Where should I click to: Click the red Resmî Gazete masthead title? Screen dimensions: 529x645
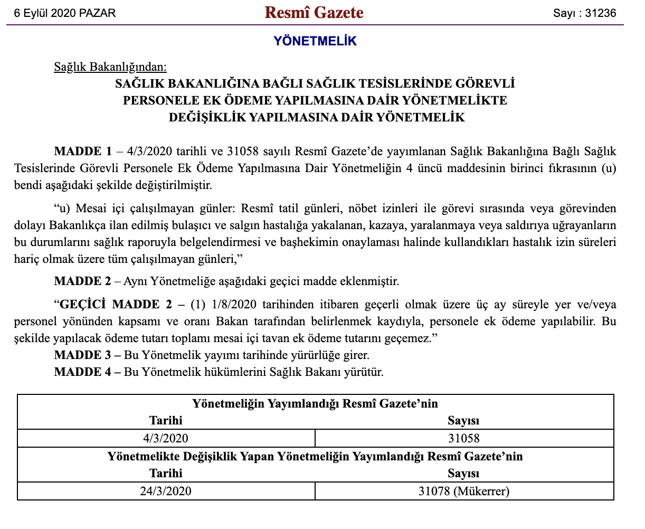pos(314,13)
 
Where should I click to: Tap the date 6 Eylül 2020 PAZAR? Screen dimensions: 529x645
pos(65,13)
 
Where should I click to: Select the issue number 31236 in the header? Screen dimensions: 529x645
pos(601,13)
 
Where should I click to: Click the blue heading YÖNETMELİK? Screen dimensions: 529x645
pos(315,41)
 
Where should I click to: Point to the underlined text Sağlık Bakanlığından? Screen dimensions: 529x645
pos(110,67)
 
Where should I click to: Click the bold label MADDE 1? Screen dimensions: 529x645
pos(83,152)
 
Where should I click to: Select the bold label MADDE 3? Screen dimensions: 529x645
pos(83,355)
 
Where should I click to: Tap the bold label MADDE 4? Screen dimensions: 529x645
pos(83,372)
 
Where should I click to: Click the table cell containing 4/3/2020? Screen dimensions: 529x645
pos(165,438)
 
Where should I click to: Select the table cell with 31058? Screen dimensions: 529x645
pos(463,438)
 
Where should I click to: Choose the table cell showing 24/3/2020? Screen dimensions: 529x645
pos(165,492)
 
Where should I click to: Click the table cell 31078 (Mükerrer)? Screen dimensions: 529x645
pos(463,492)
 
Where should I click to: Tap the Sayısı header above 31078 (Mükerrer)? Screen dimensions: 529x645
pos(463,474)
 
